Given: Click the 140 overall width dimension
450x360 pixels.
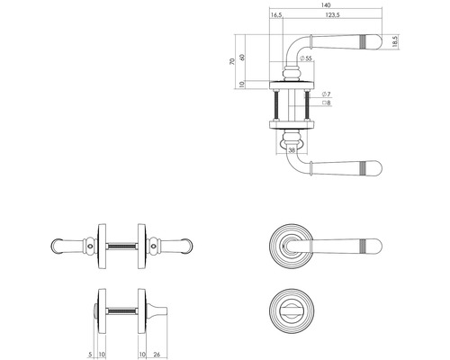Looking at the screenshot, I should [324, 5].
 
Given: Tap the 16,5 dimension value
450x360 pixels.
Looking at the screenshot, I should [275, 16].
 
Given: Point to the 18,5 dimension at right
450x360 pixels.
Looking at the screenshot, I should [395, 43].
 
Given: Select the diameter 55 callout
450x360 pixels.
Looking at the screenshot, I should [307, 58].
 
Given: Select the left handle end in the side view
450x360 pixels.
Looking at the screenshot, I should [59, 244].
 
